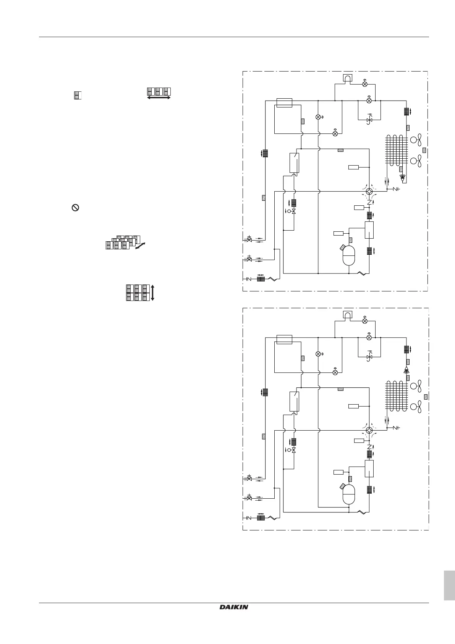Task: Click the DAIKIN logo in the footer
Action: (234, 607)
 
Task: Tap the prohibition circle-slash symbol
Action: (76, 208)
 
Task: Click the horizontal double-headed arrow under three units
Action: (159, 98)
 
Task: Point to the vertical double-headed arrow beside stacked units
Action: (152, 293)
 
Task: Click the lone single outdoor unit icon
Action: (78, 95)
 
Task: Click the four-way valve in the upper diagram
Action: (369, 191)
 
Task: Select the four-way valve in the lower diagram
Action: (369, 430)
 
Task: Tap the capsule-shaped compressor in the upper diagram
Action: (349, 255)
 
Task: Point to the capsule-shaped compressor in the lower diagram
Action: (349, 494)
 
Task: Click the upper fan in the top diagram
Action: (416, 140)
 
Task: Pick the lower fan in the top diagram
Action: (416, 161)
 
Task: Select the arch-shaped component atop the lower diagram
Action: (348, 315)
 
